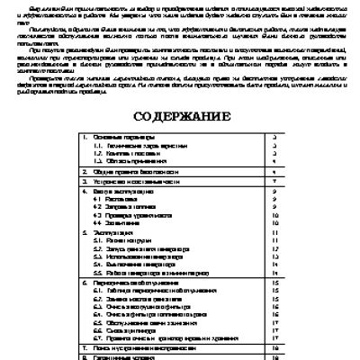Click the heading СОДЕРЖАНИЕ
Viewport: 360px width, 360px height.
(x=180, y=117)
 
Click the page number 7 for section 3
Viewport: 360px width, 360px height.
(x=274, y=180)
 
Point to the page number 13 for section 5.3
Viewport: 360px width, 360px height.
(x=274, y=256)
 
